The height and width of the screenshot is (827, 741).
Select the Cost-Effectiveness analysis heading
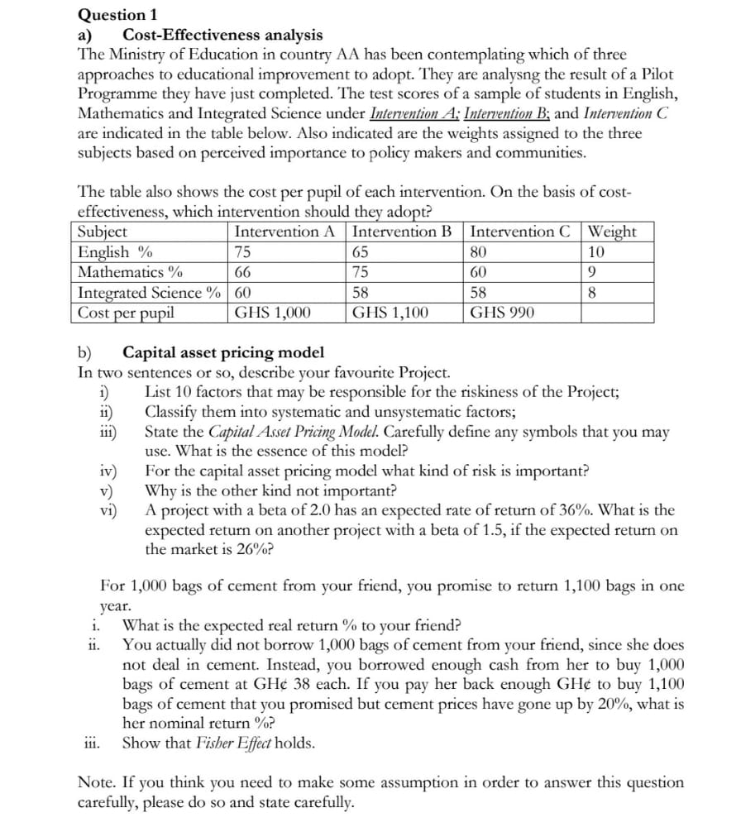coord(222,35)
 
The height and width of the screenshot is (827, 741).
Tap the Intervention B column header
coord(402,232)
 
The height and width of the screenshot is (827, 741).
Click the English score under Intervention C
coord(480,252)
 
